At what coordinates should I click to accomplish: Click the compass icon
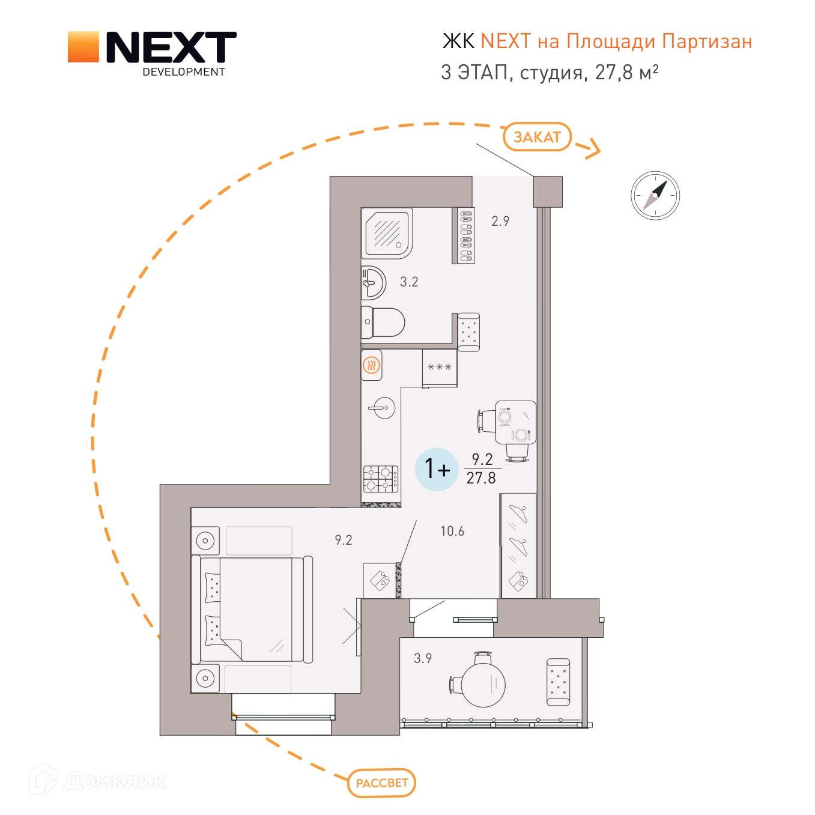[655, 195]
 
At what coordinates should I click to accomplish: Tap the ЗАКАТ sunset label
[537, 136]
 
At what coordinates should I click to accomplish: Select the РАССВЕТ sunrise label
[381, 783]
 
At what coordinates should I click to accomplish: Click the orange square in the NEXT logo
[83, 47]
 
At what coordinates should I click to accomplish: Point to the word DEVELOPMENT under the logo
[184, 72]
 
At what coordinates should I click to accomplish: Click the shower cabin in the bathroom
[387, 233]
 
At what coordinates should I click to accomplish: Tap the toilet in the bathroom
[383, 323]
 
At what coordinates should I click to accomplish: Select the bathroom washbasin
[374, 282]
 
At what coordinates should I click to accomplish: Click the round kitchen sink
[384, 408]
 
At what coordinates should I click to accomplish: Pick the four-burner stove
[381, 479]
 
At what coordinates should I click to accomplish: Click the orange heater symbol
[372, 365]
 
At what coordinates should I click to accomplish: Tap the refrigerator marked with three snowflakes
[440, 368]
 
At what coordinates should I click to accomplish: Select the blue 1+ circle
[437, 470]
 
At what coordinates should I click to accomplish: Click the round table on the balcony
[483, 684]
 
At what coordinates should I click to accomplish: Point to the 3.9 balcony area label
[422, 658]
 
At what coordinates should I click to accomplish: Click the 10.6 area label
[452, 531]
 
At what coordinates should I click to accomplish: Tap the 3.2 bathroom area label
[409, 282]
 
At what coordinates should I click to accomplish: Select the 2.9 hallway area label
[500, 221]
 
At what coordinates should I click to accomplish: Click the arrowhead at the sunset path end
[594, 150]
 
